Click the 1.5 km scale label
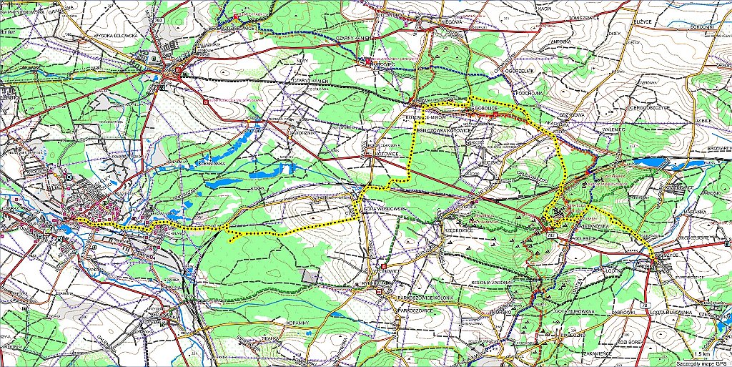pyautogui.click(x=703, y=354)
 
